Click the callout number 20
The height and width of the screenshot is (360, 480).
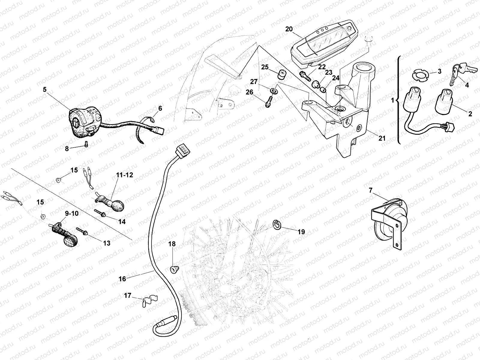tap(289, 29)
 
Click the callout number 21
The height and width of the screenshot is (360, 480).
tap(382, 138)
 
